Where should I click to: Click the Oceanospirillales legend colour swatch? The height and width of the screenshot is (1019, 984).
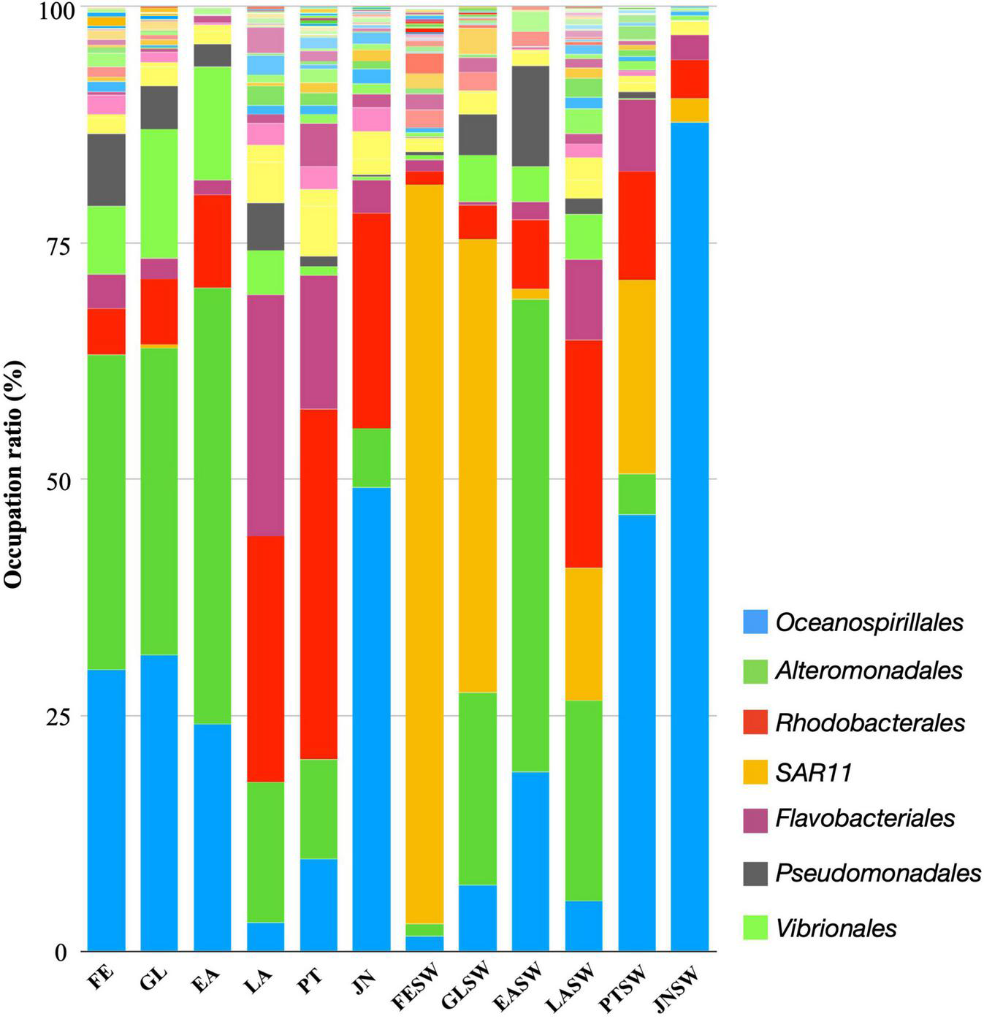tap(755, 622)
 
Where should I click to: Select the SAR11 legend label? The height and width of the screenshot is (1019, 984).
tap(814, 773)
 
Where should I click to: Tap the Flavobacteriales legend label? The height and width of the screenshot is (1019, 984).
tap(865, 818)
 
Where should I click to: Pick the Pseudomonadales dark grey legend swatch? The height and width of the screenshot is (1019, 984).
tap(755, 874)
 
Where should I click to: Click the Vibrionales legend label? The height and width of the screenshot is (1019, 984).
tap(836, 928)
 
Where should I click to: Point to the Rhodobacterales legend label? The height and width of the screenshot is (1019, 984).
tap(870, 722)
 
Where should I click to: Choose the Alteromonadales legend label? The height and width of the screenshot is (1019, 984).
tap(869, 671)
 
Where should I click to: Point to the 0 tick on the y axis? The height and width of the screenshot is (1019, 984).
tap(61, 952)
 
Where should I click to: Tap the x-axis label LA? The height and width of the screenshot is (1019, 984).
tap(259, 977)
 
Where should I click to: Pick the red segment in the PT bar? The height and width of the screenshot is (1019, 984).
tap(319, 584)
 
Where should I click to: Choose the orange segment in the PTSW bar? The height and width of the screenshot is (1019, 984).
tap(636, 376)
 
